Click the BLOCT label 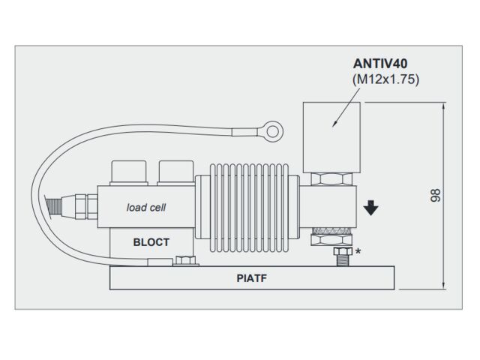click(151, 242)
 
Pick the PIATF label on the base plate click(252, 279)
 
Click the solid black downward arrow click(370, 207)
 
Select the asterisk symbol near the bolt click(358, 252)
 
